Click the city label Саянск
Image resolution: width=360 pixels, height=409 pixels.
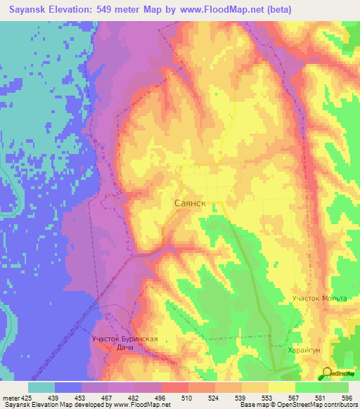pyautogui.click(x=189, y=202)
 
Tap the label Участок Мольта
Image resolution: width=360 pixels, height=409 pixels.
pyautogui.click(x=320, y=299)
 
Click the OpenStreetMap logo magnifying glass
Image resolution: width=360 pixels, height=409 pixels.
pyautogui.click(x=328, y=373)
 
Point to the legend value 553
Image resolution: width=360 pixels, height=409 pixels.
pyautogui.click(x=244, y=398)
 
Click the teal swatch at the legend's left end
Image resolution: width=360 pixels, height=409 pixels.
pyautogui.click(x=41, y=387)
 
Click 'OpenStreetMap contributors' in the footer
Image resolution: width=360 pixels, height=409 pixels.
pyautogui.click(x=321, y=405)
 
